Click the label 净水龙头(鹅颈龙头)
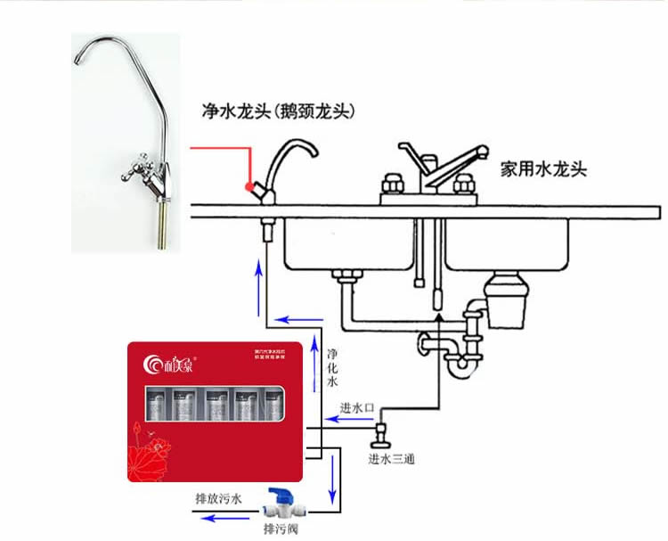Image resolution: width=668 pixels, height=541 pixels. (x=278, y=111)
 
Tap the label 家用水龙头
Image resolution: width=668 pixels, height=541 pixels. (x=542, y=168)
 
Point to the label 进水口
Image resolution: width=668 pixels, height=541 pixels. (x=354, y=407)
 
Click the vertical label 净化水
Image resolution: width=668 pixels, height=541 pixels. (x=331, y=365)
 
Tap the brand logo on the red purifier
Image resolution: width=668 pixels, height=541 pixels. (x=162, y=362)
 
